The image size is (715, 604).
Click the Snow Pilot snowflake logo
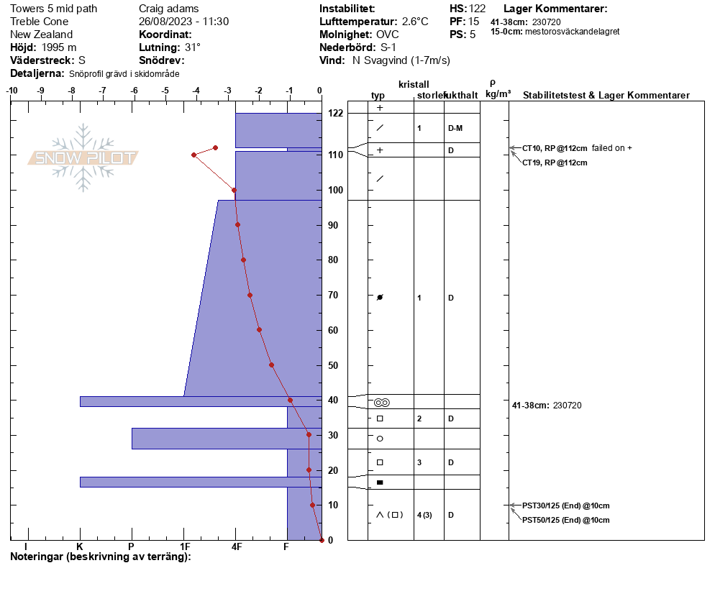click(x=83, y=157)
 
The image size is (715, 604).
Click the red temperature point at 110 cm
click(x=193, y=155)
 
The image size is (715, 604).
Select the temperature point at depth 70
click(x=250, y=295)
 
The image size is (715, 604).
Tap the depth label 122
click(x=336, y=113)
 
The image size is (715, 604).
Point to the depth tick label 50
click(x=333, y=365)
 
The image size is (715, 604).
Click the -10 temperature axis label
click(x=12, y=91)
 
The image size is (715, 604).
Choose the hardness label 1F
click(x=185, y=546)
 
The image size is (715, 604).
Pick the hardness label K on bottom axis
click(x=80, y=546)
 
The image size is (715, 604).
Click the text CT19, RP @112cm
click(x=555, y=163)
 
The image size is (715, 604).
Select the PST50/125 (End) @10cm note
click(x=566, y=520)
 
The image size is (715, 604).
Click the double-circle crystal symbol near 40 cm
click(x=382, y=403)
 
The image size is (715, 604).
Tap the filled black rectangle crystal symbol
click(x=380, y=482)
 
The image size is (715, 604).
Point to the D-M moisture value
click(x=455, y=129)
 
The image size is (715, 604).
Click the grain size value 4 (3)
click(x=424, y=515)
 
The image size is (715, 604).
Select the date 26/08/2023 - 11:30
click(x=183, y=22)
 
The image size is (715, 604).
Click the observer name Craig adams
click(x=169, y=9)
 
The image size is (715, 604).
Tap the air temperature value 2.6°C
click(x=415, y=22)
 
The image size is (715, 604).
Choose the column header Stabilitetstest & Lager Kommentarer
click(x=606, y=95)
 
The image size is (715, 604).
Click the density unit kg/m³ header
click(x=498, y=94)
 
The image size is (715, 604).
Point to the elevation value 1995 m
click(x=59, y=47)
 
